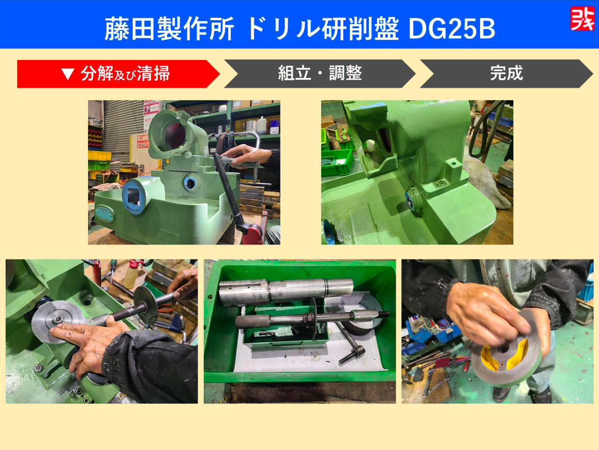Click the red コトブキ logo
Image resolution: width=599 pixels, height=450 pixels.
pos(582,18)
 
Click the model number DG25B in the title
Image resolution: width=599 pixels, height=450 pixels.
pos(452,29)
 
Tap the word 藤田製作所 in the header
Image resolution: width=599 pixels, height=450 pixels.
pos(169,29)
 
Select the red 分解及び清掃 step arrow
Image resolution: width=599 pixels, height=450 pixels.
pos(118,74)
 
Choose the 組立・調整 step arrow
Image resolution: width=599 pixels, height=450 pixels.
pos(320,74)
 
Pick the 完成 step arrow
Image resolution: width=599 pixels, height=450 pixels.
pos(506,74)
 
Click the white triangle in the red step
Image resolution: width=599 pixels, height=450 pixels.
pos(68,74)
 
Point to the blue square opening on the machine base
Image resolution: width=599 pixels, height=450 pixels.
pos(134,195)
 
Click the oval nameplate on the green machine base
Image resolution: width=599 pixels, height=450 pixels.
pos(104,213)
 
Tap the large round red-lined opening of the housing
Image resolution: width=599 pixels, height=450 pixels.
pos(175,136)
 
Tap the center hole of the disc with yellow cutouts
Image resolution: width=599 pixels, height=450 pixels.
pos(504,349)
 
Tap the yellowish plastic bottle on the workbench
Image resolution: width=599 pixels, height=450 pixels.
pos(130,276)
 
